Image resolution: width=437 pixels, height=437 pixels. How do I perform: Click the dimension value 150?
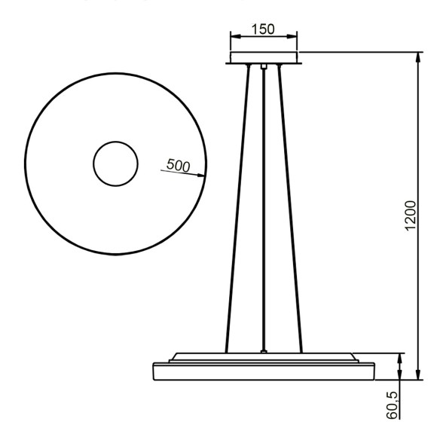click(263, 29)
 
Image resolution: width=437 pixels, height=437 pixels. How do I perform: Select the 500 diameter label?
click(178, 167)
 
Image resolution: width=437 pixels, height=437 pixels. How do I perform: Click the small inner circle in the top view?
click(115, 163)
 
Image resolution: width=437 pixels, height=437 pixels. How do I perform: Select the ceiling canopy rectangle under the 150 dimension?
click(264, 58)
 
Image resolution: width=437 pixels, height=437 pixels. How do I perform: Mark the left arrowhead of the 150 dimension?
click(233, 35)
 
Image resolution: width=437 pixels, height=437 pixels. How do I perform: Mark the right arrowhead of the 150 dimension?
click(294, 35)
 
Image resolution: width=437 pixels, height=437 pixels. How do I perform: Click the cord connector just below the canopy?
click(263, 68)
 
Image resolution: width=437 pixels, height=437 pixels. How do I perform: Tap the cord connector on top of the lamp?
click(263, 350)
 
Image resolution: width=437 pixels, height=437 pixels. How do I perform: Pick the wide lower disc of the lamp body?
click(263, 371)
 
